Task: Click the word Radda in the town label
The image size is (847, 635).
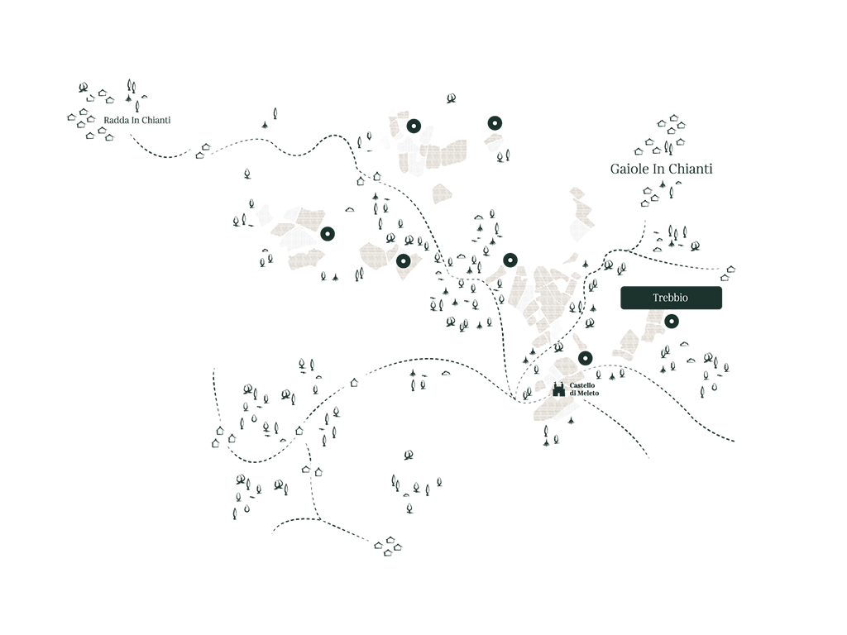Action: tap(116, 120)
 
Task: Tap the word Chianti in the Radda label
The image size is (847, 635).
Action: tap(156, 120)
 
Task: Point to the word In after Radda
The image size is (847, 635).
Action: tap(135, 120)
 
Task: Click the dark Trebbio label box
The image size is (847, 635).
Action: tap(671, 298)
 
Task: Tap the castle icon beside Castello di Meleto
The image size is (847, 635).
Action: tap(558, 389)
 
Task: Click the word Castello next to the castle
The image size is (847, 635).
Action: tap(581, 385)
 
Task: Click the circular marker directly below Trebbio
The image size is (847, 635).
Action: tap(671, 322)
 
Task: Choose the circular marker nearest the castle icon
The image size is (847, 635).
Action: tap(585, 357)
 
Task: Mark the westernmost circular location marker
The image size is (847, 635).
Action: tap(328, 234)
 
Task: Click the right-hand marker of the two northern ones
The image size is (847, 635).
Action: tap(495, 123)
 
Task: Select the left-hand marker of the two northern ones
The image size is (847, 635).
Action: tap(414, 127)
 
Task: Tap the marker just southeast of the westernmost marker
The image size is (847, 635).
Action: tap(403, 261)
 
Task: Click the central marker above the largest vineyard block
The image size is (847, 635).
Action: tap(510, 260)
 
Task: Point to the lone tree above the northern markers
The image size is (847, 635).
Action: tap(451, 98)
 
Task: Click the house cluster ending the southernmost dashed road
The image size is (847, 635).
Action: tap(389, 547)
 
